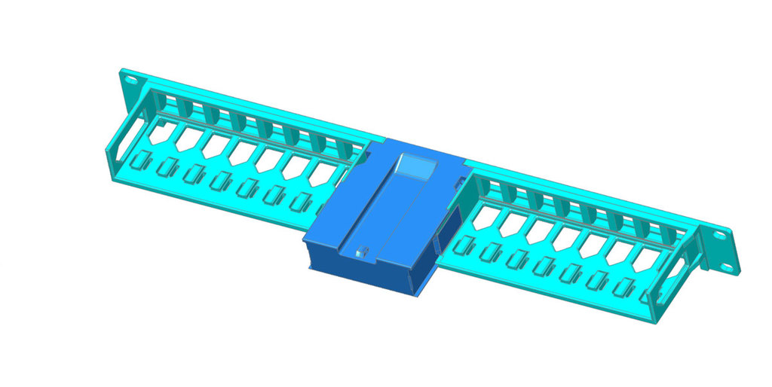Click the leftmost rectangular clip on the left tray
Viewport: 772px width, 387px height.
click(140, 160)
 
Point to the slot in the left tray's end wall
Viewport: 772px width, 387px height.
click(121, 143)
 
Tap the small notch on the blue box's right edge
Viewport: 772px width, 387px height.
click(458, 181)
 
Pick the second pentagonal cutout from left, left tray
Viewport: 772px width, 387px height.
click(186, 139)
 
